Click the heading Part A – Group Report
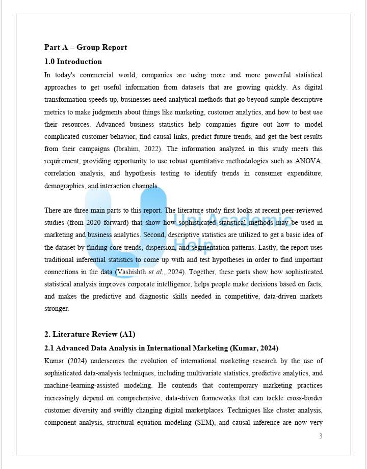86,47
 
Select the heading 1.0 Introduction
73,62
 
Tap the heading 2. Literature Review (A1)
89,334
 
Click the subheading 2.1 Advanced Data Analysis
161,348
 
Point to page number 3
321,436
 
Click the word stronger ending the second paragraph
57,308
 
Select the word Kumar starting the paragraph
54,361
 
